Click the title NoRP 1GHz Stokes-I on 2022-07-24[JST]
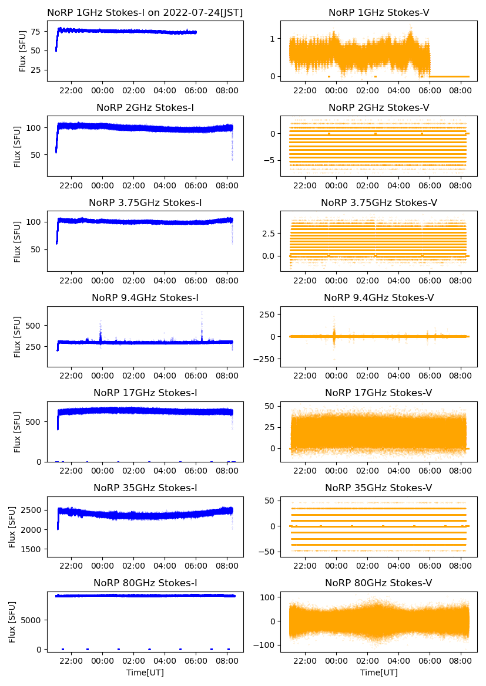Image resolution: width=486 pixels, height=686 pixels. pos(145,12)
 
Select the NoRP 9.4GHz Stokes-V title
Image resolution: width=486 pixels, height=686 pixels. pos(379,298)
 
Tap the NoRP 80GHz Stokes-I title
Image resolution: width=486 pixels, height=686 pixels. pos(145,583)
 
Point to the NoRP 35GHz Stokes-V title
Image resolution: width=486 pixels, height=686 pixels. pos(379,488)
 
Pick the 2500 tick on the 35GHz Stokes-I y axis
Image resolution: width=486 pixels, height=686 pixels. pos(33,510)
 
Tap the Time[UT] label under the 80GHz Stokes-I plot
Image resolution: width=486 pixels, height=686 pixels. pos(145,673)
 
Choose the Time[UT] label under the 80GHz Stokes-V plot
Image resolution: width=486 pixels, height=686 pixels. pos(379,673)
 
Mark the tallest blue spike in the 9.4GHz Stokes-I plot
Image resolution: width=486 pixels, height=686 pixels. pos(202,313)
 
